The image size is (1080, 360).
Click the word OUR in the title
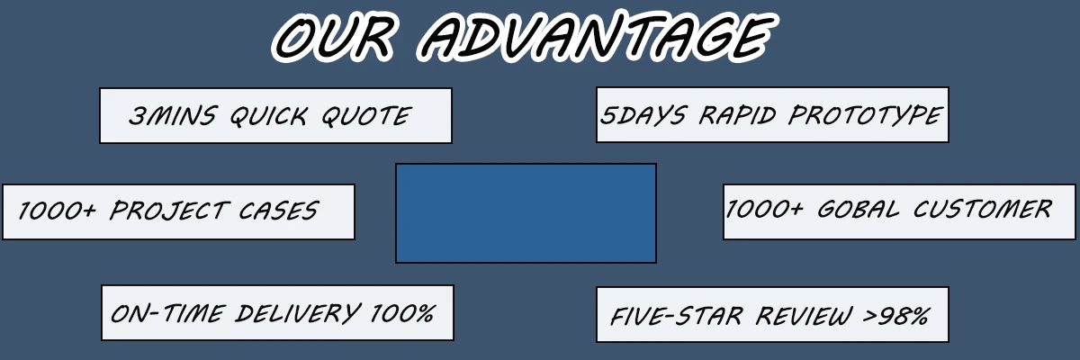(x=336, y=37)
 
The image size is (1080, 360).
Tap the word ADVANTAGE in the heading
(x=595, y=37)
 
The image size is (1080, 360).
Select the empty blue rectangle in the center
(x=526, y=213)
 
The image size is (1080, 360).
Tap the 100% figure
(x=402, y=313)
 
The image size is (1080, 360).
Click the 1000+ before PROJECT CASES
(x=58, y=211)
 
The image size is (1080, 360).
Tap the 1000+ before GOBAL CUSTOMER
(x=765, y=210)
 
